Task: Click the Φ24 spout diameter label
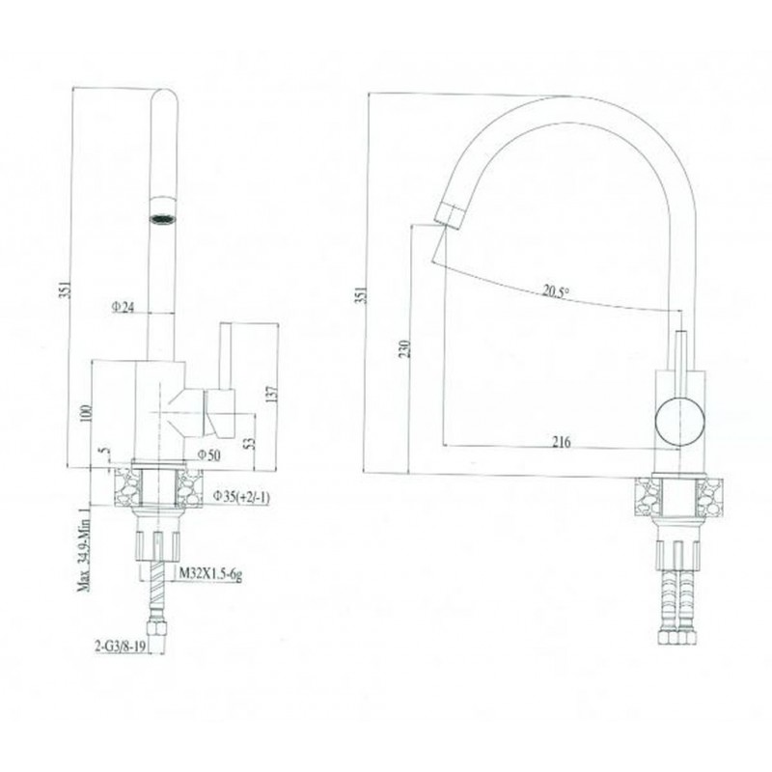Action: click(x=123, y=308)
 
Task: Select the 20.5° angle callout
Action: click(x=556, y=291)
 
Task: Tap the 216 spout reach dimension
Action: click(x=562, y=442)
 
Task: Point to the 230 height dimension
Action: click(x=404, y=349)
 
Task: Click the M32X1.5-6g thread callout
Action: click(x=210, y=572)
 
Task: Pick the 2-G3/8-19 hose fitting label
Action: click(x=121, y=646)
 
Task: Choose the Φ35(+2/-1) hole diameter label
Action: click(x=241, y=497)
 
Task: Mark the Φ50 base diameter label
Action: click(x=209, y=455)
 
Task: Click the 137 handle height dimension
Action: click(x=272, y=394)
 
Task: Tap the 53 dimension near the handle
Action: click(x=250, y=443)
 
